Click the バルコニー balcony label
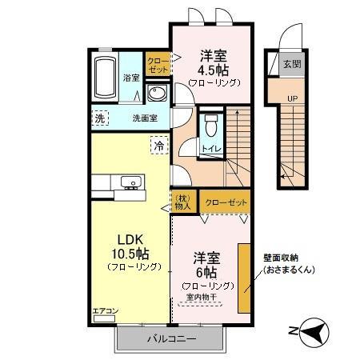point(170,339)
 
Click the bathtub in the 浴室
point(106,78)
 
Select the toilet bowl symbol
point(210,126)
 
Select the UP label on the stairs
point(292,100)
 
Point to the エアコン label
point(105,311)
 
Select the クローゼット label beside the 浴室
point(157,64)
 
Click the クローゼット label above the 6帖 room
point(226,202)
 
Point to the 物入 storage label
point(183,202)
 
